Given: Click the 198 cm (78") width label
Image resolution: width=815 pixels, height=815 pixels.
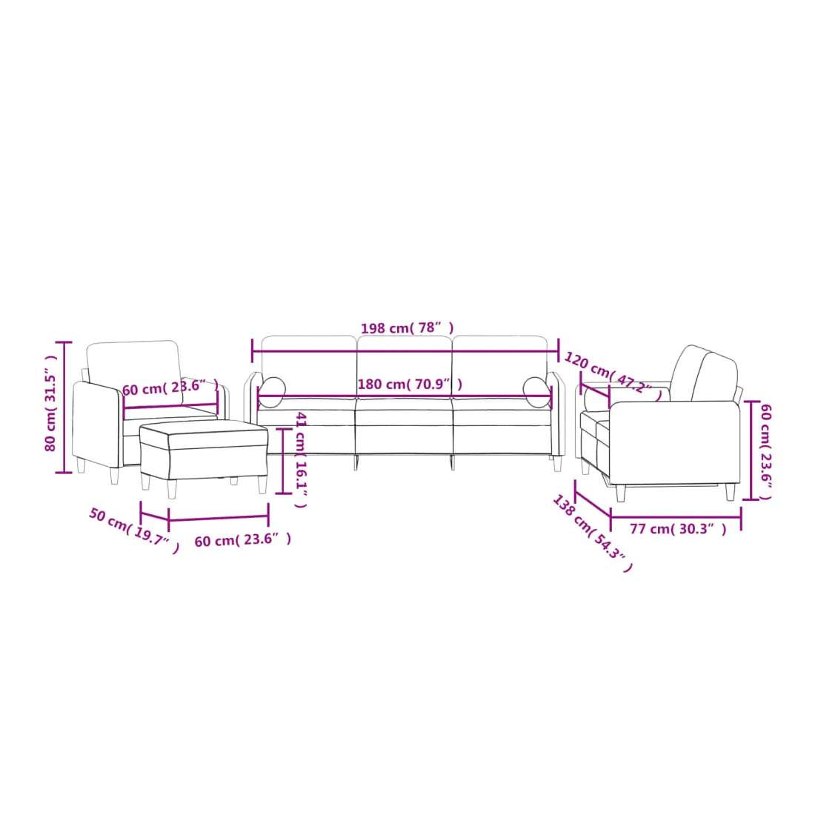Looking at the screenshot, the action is (407, 328).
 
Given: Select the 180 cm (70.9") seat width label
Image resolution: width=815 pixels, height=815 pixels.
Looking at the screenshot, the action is (410, 384).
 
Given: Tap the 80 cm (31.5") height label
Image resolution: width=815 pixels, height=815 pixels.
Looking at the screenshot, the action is (50, 403).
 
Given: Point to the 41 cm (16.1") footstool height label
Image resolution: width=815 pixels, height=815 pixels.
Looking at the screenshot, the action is (300, 459).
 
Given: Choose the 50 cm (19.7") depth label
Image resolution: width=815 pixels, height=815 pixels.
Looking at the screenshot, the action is (133, 530).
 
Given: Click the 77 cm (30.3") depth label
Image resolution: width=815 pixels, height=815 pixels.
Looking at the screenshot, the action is (678, 529).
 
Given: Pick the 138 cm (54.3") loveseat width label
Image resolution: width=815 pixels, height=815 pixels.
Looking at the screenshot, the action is (592, 533).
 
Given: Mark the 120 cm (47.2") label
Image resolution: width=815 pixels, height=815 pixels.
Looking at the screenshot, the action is (613, 376).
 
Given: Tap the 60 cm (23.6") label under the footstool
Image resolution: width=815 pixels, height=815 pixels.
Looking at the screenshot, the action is (243, 540).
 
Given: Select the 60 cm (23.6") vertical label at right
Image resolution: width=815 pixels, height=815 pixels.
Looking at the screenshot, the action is (765, 452).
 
